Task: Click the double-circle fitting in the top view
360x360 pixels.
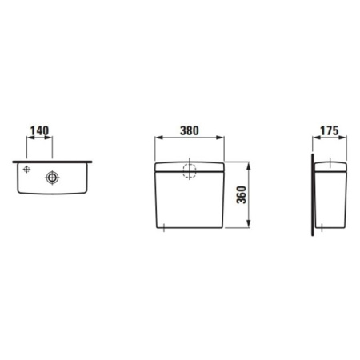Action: pyautogui.click(x=53, y=178)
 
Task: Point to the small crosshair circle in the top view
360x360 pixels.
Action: pyautogui.click(x=27, y=170)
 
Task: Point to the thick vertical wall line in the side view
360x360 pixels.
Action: pyautogui.click(x=312, y=196)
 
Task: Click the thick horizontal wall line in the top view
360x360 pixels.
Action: pyautogui.click(x=54, y=162)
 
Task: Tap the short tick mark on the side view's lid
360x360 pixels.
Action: pyautogui.click(x=329, y=165)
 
